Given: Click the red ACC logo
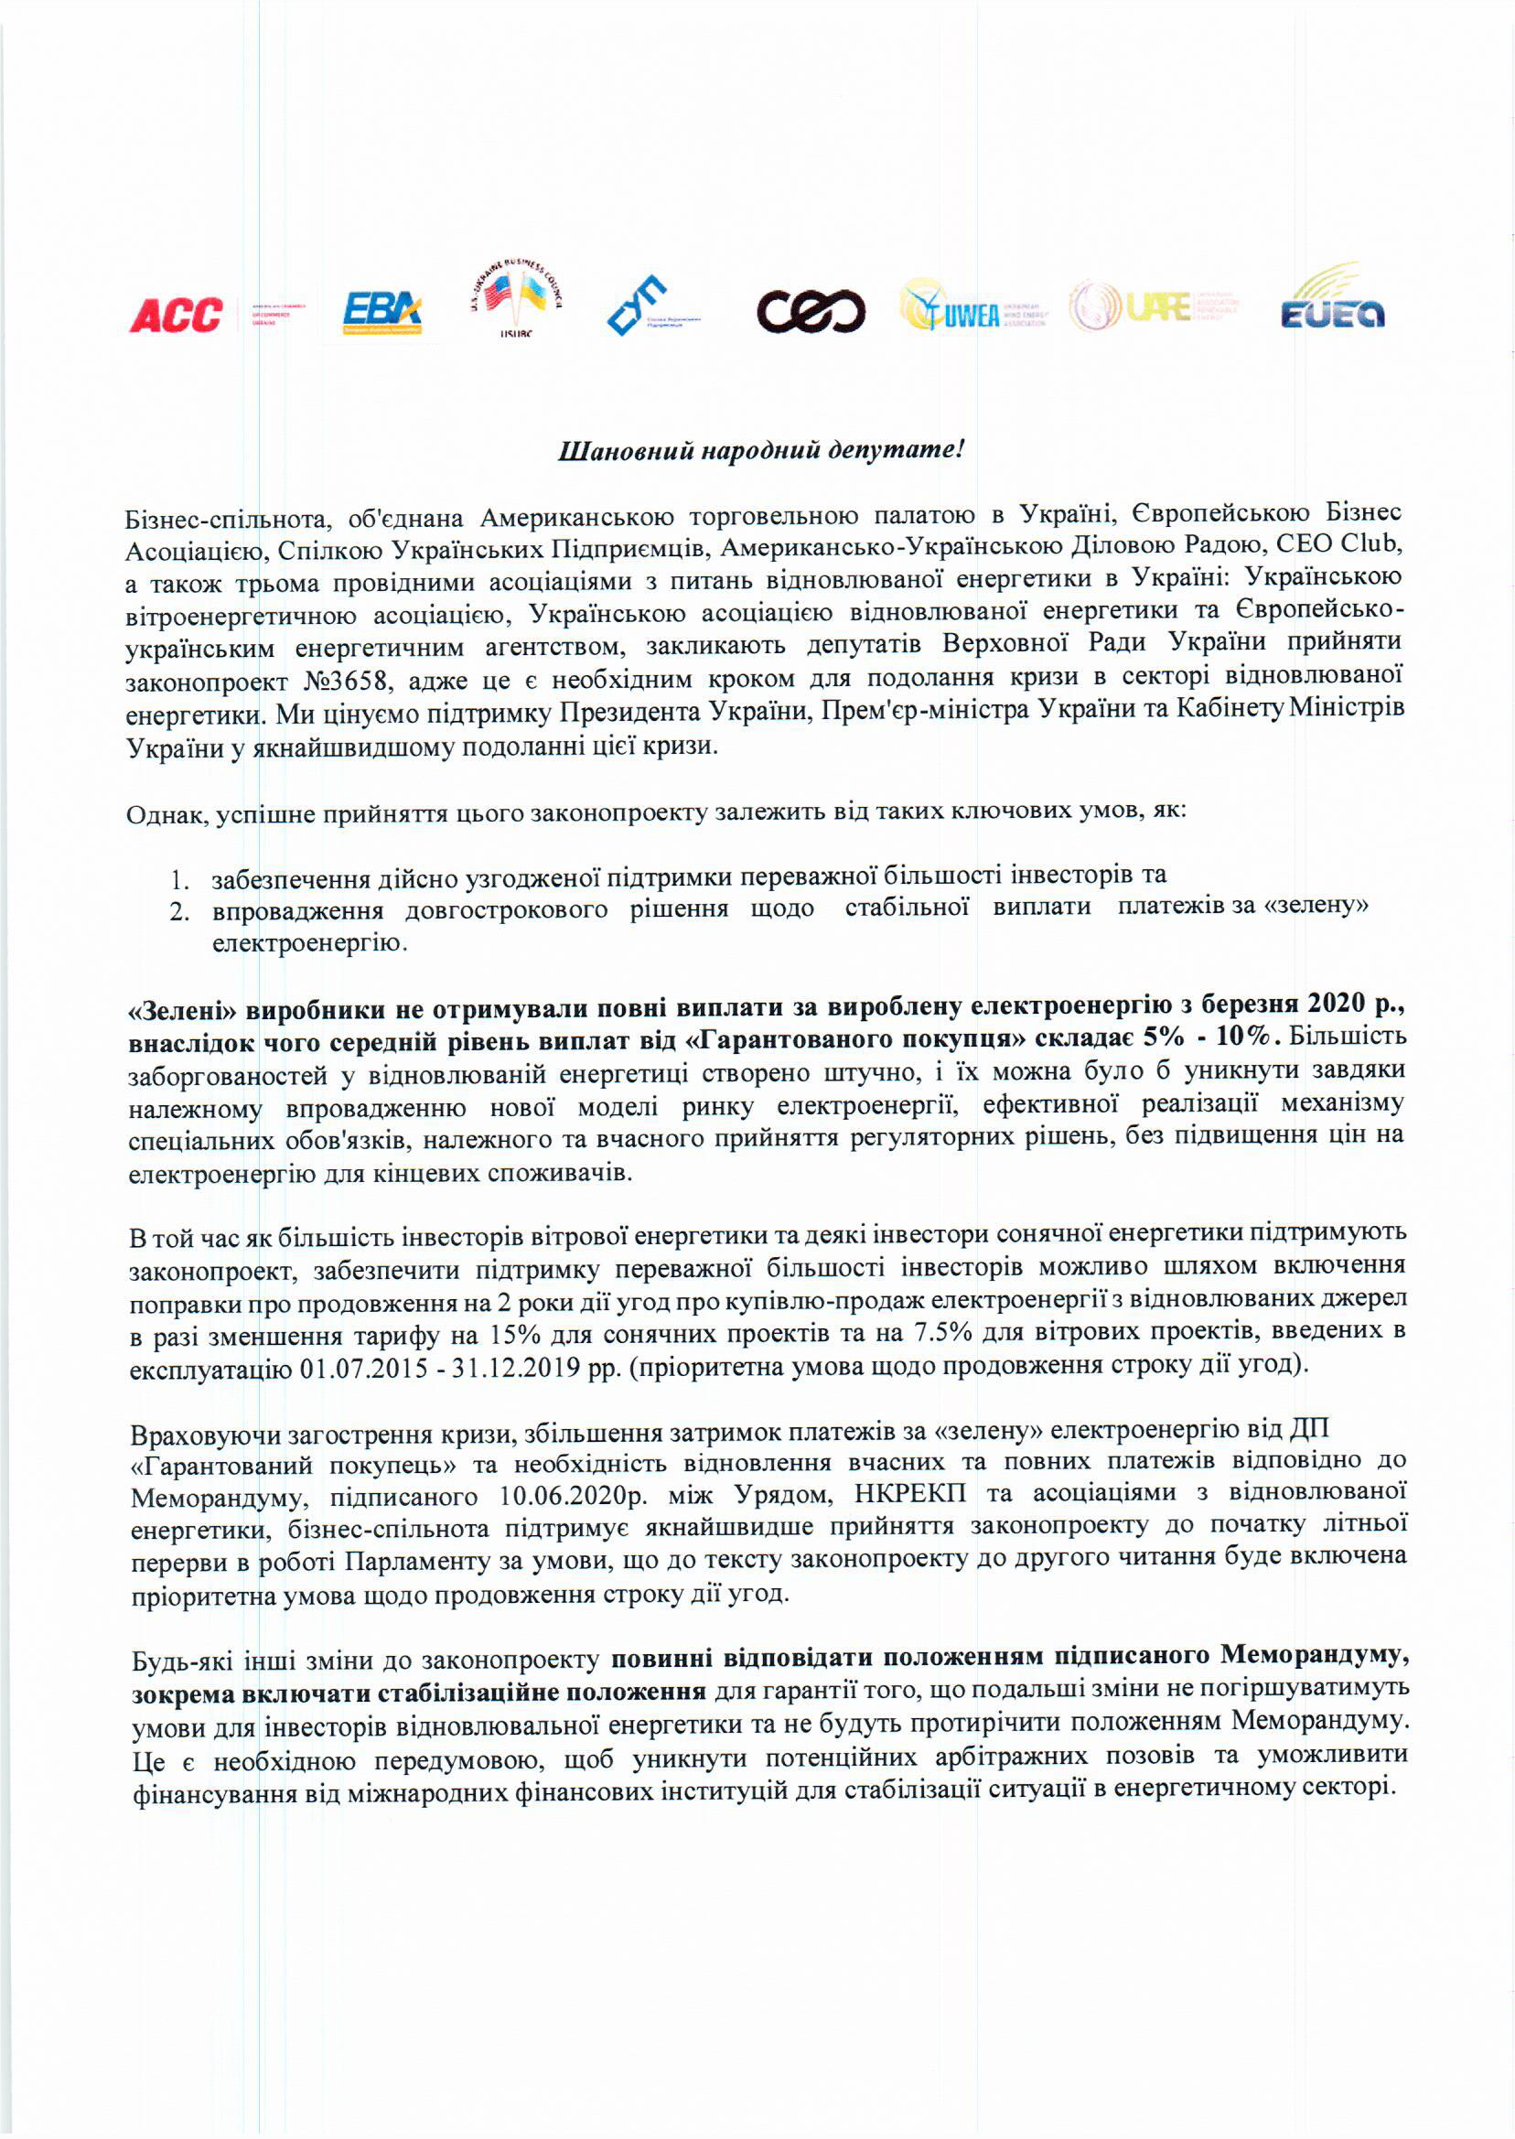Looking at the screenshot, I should coord(177,316).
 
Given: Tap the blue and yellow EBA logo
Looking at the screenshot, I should coord(382,313).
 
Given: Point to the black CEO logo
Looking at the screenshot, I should coord(811,312).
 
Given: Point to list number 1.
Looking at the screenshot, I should coord(179,878).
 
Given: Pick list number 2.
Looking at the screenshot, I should coord(179,911).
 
